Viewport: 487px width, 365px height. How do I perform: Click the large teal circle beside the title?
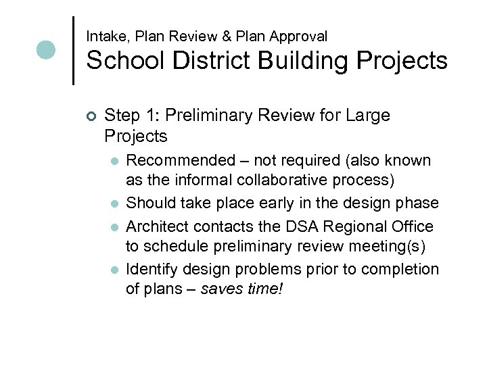click(46, 50)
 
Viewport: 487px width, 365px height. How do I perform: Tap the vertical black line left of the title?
click(73, 51)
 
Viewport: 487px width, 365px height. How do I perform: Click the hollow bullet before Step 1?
click(93, 116)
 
